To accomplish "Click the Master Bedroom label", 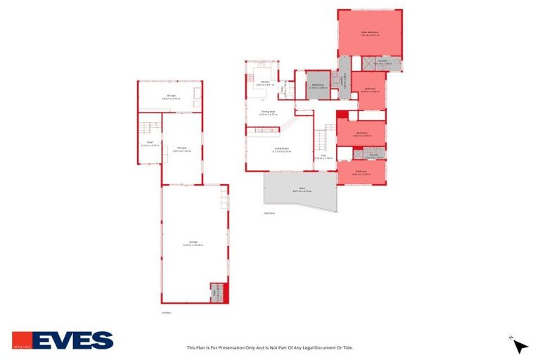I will pyautogui.click(x=369, y=32).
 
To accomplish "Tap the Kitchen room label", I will pyautogui.click(x=265, y=83).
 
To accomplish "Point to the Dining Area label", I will pyautogui.click(x=269, y=112).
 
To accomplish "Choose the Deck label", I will pyautogui.click(x=300, y=189).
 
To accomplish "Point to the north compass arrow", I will pyautogui.click(x=520, y=345).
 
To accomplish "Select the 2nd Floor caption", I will pyautogui.click(x=268, y=213).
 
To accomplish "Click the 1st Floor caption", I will pyautogui.click(x=166, y=312).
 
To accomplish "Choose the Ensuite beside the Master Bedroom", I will pyautogui.click(x=384, y=63).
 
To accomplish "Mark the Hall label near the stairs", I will pyautogui.click(x=323, y=158).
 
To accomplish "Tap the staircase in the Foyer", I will pyautogui.click(x=146, y=128).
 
